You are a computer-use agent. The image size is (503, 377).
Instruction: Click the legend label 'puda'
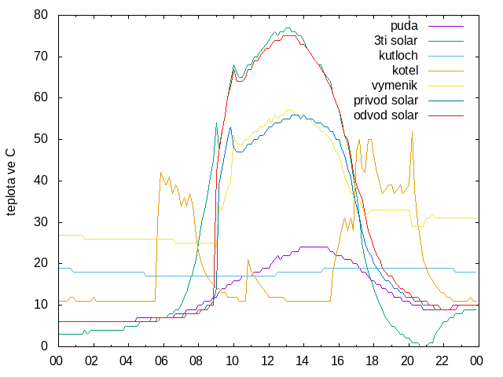[404, 26]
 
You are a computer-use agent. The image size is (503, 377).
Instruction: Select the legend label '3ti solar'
[396, 41]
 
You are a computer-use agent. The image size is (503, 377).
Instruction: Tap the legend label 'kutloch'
[398, 56]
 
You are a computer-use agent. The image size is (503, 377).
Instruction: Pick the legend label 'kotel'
[406, 70]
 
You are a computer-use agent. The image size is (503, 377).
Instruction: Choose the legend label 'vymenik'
[395, 86]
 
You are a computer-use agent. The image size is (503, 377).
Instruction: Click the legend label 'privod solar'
[386, 101]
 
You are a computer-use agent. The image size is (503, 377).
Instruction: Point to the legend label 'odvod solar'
[386, 115]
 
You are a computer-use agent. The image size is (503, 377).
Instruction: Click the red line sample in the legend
[446, 115]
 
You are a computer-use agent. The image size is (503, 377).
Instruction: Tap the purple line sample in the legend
[446, 26]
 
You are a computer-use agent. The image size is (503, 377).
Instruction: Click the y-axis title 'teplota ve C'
[10, 181]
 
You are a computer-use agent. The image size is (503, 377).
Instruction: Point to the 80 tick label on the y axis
[41, 15]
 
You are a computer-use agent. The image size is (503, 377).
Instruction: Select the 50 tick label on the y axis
[41, 139]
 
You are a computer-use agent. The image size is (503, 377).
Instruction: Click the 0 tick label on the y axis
[44, 346]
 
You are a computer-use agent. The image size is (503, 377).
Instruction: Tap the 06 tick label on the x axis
[161, 361]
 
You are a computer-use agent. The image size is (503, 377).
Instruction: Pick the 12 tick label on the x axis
[267, 361]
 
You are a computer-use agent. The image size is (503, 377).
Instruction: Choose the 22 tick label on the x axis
[442, 361]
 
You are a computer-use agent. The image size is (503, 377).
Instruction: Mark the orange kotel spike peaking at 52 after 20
[412, 131]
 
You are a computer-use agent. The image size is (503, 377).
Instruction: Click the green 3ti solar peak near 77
[288, 28]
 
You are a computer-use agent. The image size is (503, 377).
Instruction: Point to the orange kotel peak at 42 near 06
[160, 173]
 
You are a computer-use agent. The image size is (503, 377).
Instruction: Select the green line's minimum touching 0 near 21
[424, 346]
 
